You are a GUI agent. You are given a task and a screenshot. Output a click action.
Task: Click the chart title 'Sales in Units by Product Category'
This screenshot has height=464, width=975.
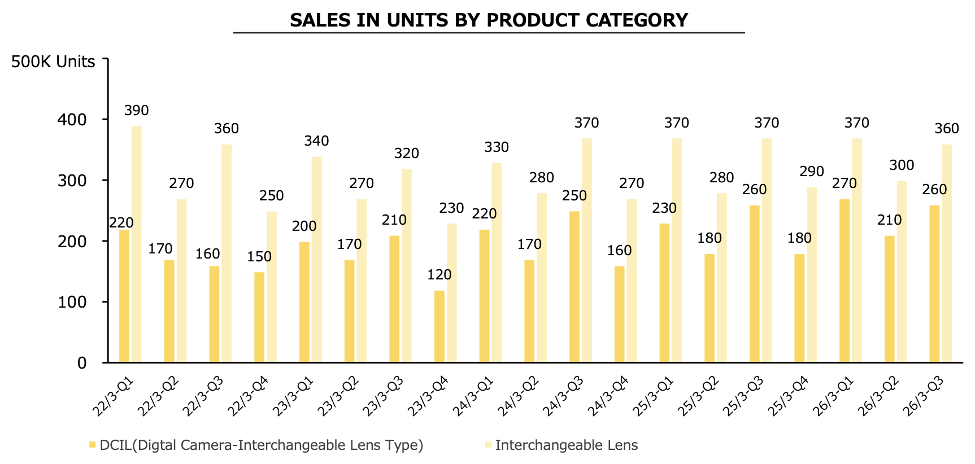pyautogui.click(x=489, y=20)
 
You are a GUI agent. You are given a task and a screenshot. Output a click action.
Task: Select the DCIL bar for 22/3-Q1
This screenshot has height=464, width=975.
pyautogui.click(x=124, y=296)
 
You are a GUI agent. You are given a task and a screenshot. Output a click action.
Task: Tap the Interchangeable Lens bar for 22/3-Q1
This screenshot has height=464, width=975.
pyautogui.click(x=137, y=244)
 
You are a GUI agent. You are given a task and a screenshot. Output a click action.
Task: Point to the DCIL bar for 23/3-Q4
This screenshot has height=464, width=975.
pyautogui.click(x=439, y=326)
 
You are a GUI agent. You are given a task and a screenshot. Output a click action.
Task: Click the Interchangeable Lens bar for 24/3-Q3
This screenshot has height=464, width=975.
pyautogui.click(x=587, y=250)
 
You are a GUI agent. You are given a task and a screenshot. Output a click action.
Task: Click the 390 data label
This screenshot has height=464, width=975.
pyautogui.click(x=137, y=111)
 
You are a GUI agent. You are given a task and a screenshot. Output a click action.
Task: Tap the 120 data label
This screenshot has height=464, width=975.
pyautogui.click(x=439, y=275)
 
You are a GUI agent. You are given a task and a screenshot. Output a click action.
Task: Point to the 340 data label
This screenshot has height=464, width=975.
pyautogui.click(x=316, y=141)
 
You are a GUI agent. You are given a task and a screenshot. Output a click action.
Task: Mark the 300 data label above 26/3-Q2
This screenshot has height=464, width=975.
pyautogui.click(x=902, y=165)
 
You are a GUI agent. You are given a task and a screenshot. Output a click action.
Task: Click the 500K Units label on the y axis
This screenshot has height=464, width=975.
pyautogui.click(x=53, y=62)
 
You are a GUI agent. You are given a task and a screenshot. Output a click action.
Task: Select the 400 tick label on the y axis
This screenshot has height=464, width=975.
pyautogui.click(x=73, y=120)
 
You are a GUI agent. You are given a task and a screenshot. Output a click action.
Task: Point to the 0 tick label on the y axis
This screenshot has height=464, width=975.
pyautogui.click(x=82, y=363)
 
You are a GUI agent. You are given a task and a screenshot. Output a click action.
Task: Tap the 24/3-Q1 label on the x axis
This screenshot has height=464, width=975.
pyautogui.click(x=473, y=397)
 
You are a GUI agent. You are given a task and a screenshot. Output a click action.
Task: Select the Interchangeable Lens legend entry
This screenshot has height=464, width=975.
pyautogui.click(x=566, y=445)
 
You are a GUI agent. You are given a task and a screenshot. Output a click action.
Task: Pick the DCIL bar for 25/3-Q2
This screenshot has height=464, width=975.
pyautogui.click(x=710, y=308)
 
